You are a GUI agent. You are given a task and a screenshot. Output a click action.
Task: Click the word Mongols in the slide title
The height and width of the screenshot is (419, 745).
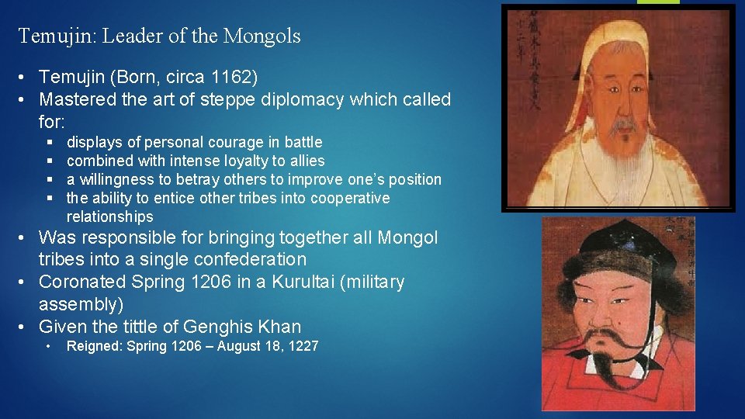[x=262, y=36]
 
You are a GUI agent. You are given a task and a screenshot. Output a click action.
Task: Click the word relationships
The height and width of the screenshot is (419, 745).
[x=109, y=216]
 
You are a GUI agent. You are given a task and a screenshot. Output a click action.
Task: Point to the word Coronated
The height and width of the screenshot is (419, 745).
[x=82, y=282]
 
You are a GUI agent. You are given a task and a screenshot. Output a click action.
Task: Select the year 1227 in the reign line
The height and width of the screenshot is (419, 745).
[x=303, y=346]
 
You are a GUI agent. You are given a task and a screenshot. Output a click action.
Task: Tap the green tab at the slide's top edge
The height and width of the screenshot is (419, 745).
[x=658, y=2]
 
